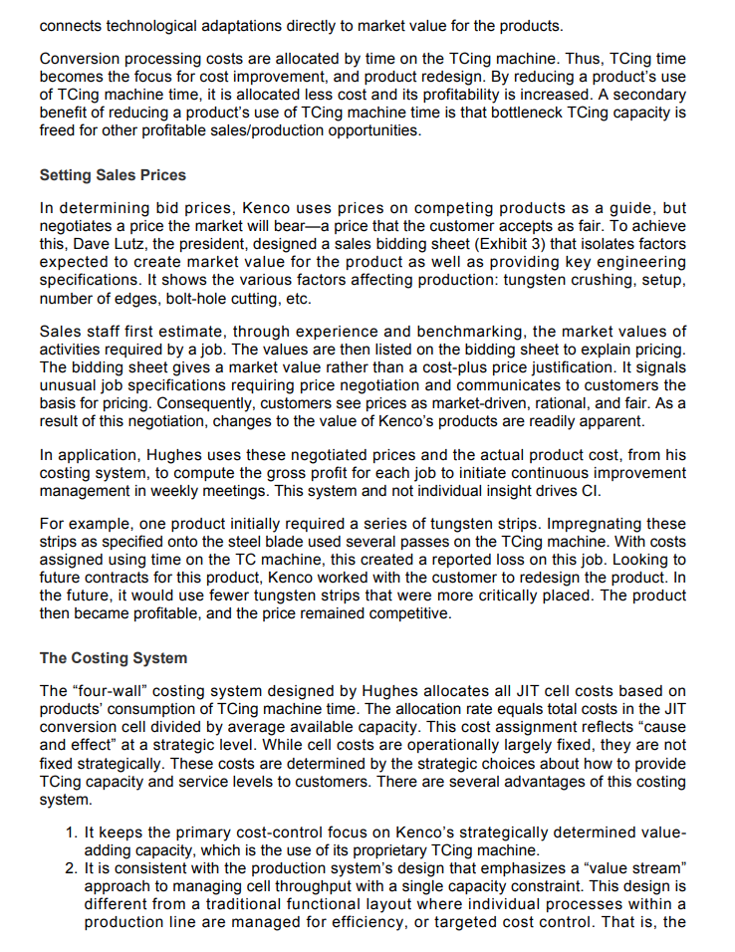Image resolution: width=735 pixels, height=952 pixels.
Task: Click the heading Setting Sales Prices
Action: pyautogui.click(x=113, y=175)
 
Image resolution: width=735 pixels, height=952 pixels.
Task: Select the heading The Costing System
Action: pyautogui.click(x=113, y=658)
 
